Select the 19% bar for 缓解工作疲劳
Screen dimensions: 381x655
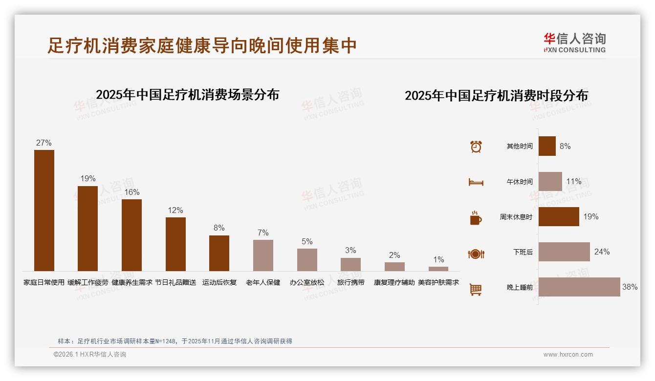[88, 228]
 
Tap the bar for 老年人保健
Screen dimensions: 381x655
[263, 255]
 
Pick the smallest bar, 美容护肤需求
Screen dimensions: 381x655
[438, 269]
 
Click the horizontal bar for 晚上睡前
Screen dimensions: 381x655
[579, 287]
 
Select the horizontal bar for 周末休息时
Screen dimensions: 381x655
[559, 216]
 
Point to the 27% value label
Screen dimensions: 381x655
[44, 143]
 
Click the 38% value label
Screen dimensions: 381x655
[630, 287]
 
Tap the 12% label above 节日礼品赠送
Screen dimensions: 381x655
[175, 210]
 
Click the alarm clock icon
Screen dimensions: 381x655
[476, 147]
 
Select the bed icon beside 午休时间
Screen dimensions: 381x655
[476, 182]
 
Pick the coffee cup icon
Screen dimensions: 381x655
[476, 217]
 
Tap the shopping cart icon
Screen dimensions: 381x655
[476, 289]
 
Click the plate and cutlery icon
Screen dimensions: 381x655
[476, 254]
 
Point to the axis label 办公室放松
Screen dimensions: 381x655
[307, 282]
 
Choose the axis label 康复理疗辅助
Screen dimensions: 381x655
[394, 282]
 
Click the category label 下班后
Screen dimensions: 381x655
[523, 252]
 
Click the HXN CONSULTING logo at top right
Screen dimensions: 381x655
[574, 42]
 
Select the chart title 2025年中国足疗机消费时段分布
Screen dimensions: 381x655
[496, 95]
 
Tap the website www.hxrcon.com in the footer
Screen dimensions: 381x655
[568, 355]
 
